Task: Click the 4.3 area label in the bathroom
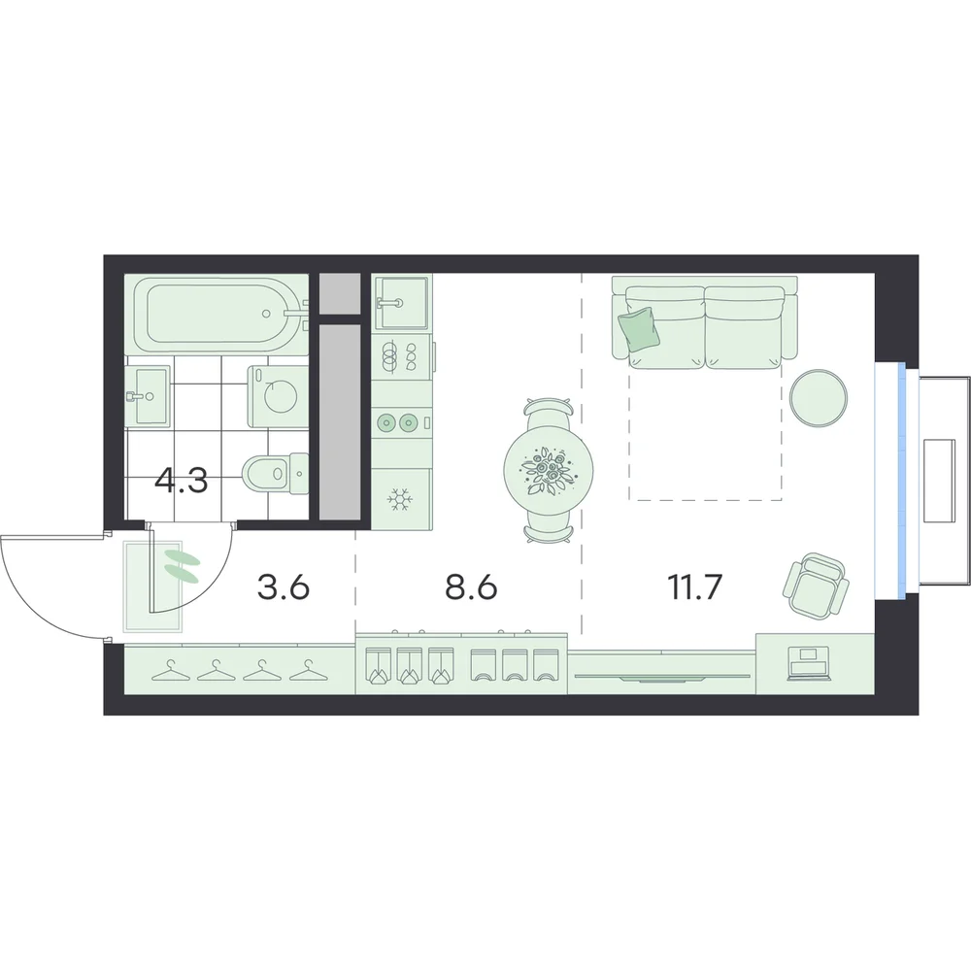181,482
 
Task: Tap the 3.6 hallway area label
283,587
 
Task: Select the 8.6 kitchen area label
471,587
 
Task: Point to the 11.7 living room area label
695,587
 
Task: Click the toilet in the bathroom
276,475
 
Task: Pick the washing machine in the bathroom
279,396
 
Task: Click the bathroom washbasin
148,396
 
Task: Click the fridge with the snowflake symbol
401,498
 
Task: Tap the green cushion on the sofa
639,329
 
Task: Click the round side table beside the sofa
820,397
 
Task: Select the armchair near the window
816,585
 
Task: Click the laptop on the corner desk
808,662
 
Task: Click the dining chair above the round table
549,412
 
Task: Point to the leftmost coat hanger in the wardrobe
170,671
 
